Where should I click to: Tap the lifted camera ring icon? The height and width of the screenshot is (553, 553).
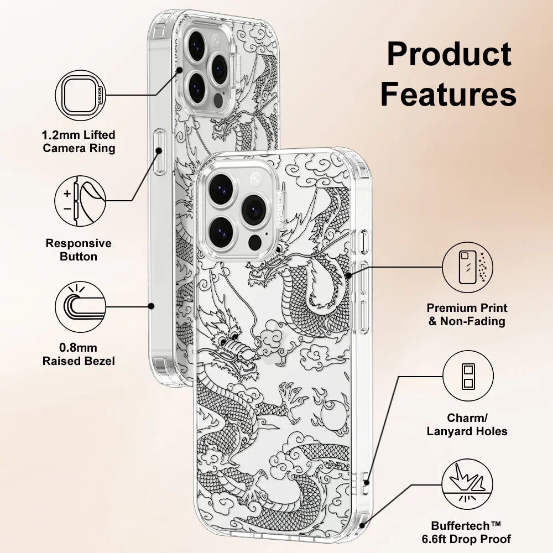coord(81,95)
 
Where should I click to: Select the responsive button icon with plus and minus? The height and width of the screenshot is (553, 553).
coord(81,200)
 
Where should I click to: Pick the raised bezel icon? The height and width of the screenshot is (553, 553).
coord(81,306)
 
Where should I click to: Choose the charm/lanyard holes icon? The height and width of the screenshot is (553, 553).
coord(468,377)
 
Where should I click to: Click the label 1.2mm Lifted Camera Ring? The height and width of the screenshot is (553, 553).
coord(79,142)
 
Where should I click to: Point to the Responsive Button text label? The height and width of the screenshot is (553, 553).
coord(79,249)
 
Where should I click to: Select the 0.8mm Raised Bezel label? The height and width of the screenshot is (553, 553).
coord(79,354)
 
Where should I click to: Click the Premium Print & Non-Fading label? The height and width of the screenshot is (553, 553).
coord(467,314)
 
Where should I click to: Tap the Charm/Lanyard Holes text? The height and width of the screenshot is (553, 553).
coord(467,425)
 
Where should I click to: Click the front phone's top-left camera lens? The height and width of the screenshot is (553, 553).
coord(220,185)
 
